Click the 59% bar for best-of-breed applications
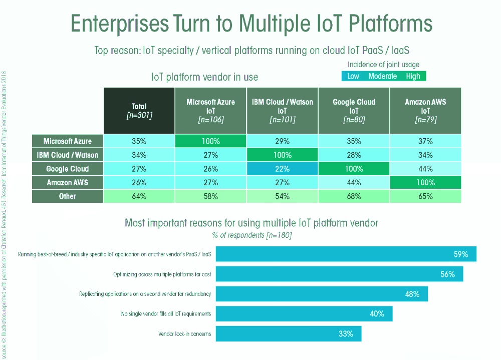[x=346, y=254]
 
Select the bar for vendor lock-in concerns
[x=288, y=333]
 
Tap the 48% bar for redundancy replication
[x=321, y=294]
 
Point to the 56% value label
[x=447, y=274]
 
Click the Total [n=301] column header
[x=139, y=111]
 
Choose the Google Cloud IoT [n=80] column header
[x=354, y=111]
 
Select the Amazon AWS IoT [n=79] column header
[x=425, y=111]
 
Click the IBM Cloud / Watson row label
[x=68, y=155]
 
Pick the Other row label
[x=68, y=196]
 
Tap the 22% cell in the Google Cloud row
[x=282, y=169]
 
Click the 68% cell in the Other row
[x=354, y=196]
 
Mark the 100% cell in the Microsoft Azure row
[x=210, y=141]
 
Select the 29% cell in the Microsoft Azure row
[x=282, y=141]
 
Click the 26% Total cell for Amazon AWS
[x=139, y=183]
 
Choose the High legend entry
[x=413, y=76]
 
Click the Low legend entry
[x=353, y=76]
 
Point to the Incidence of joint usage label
[x=383, y=65]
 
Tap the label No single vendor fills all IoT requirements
[x=166, y=314]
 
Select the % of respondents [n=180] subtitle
[x=251, y=235]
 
